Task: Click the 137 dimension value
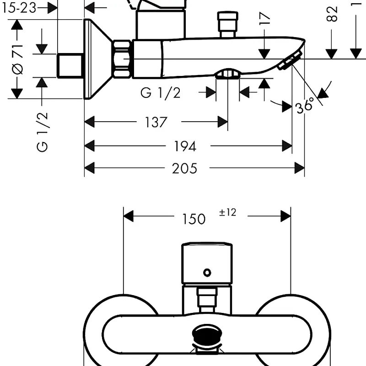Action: click(x=156, y=123)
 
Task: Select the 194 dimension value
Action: click(x=185, y=146)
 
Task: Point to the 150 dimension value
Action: click(x=194, y=219)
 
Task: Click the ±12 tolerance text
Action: click(x=227, y=212)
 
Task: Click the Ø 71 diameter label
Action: click(x=17, y=59)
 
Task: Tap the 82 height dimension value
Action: click(x=333, y=14)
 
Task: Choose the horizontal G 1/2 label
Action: click(x=161, y=93)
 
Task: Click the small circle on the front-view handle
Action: click(x=207, y=273)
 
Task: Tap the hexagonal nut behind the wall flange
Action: click(x=122, y=59)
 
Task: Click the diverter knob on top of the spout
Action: click(x=228, y=25)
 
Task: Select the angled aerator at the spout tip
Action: click(x=289, y=61)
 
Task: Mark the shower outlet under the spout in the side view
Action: click(x=228, y=74)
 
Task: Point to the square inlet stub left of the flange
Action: click(x=70, y=65)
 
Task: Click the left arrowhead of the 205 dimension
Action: click(x=89, y=168)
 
